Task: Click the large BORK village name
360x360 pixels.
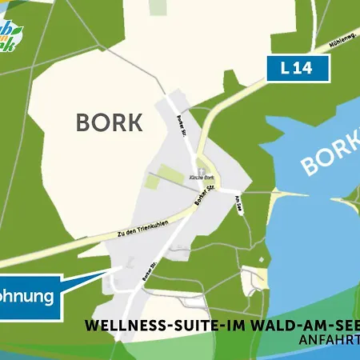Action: (109, 122)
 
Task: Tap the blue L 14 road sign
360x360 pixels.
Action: (298, 69)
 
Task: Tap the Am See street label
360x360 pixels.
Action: (238, 206)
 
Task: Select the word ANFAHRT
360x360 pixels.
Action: (328, 339)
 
